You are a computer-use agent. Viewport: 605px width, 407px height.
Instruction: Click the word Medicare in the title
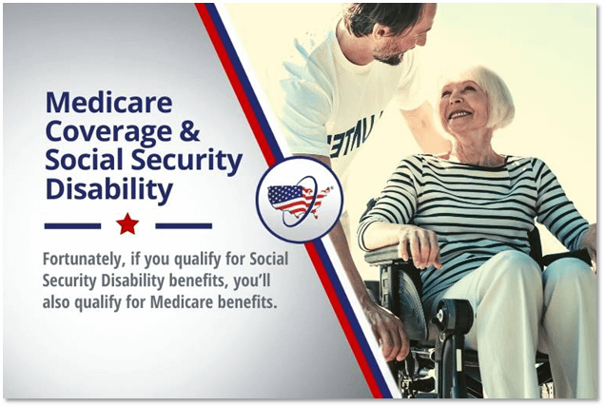pyautogui.click(x=109, y=102)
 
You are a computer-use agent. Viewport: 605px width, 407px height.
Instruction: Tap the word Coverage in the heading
pyautogui.click(x=108, y=131)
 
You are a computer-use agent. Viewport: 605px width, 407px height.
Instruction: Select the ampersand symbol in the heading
pyautogui.click(x=189, y=130)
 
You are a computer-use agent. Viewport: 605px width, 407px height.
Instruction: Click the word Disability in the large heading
pyautogui.click(x=109, y=188)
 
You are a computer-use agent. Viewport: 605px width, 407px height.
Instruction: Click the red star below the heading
pyautogui.click(x=127, y=224)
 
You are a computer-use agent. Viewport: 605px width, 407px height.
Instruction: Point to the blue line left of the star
pyautogui.click(x=72, y=225)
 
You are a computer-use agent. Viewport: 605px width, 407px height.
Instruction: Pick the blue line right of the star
pyautogui.click(x=184, y=225)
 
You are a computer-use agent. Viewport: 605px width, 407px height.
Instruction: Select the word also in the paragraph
pyautogui.click(x=56, y=302)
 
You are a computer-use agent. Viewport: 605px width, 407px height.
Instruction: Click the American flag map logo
pyautogui.click(x=300, y=200)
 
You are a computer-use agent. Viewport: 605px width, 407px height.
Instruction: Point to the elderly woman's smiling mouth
pyautogui.click(x=460, y=114)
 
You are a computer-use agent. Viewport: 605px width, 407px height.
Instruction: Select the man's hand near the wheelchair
pyautogui.click(x=386, y=332)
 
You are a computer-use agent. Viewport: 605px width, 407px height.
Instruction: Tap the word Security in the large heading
pyautogui.click(x=187, y=161)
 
